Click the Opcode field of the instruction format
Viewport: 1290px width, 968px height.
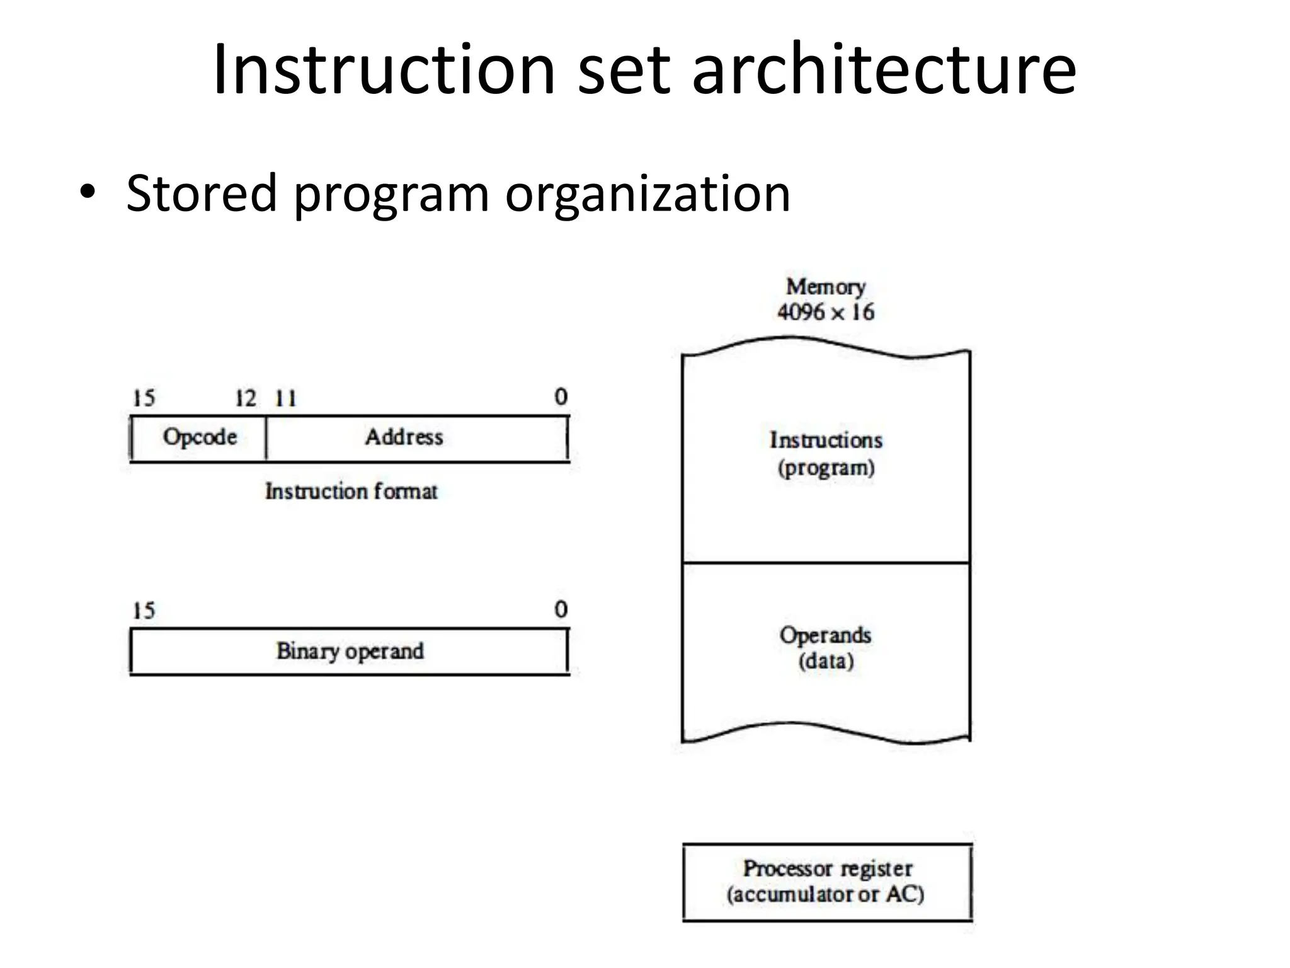pyautogui.click(x=200, y=437)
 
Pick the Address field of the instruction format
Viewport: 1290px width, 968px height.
pyautogui.click(x=404, y=437)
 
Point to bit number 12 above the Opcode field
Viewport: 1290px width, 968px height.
pyautogui.click(x=246, y=398)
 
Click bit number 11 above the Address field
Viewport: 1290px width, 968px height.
pyautogui.click(x=285, y=398)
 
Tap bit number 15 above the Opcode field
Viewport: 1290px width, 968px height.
pyautogui.click(x=144, y=398)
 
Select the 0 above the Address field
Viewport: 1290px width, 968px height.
pyautogui.click(x=561, y=397)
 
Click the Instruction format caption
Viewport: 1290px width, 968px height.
pyautogui.click(x=351, y=491)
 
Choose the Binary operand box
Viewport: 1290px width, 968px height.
pyautogui.click(x=350, y=651)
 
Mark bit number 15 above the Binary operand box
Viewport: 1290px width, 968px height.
pyautogui.click(x=144, y=611)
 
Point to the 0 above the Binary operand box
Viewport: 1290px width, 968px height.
pyautogui.click(x=561, y=609)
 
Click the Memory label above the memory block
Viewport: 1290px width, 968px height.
pyautogui.click(x=825, y=287)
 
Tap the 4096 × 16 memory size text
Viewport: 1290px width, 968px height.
pyautogui.click(x=825, y=312)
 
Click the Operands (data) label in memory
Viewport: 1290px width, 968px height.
pyautogui.click(x=826, y=648)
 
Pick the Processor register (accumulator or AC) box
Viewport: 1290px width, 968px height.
pyautogui.click(x=826, y=882)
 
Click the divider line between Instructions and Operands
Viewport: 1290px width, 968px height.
pyautogui.click(x=826, y=563)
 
